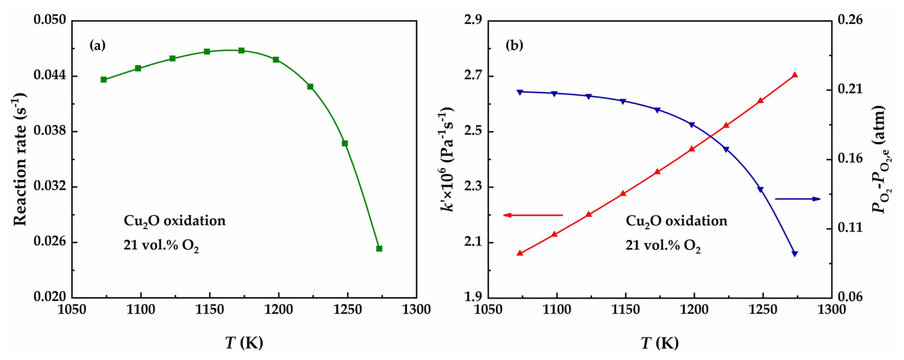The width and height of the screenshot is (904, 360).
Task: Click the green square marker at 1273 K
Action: (379, 248)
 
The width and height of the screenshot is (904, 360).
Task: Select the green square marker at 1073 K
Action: (103, 80)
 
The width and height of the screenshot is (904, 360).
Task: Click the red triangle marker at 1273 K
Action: (795, 75)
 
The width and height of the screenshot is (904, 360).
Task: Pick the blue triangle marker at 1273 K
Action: (795, 254)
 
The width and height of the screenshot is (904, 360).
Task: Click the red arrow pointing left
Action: (533, 215)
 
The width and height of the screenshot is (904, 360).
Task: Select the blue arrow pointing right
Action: (797, 199)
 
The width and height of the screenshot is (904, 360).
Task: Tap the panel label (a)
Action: (97, 45)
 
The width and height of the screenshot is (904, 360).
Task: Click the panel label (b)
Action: (514, 45)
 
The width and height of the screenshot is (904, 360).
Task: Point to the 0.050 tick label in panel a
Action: (49, 20)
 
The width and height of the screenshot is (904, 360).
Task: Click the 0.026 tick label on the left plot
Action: (49, 241)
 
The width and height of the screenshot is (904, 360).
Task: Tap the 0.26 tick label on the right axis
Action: (849, 20)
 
